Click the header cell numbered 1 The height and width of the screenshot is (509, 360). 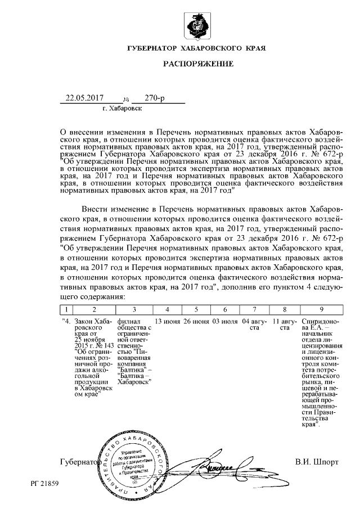point(67,309)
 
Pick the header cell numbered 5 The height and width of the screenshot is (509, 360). point(196,309)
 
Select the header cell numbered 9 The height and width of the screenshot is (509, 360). point(321,309)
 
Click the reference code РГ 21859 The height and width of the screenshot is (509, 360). point(44,483)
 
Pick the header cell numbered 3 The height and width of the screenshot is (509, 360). point(133,309)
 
